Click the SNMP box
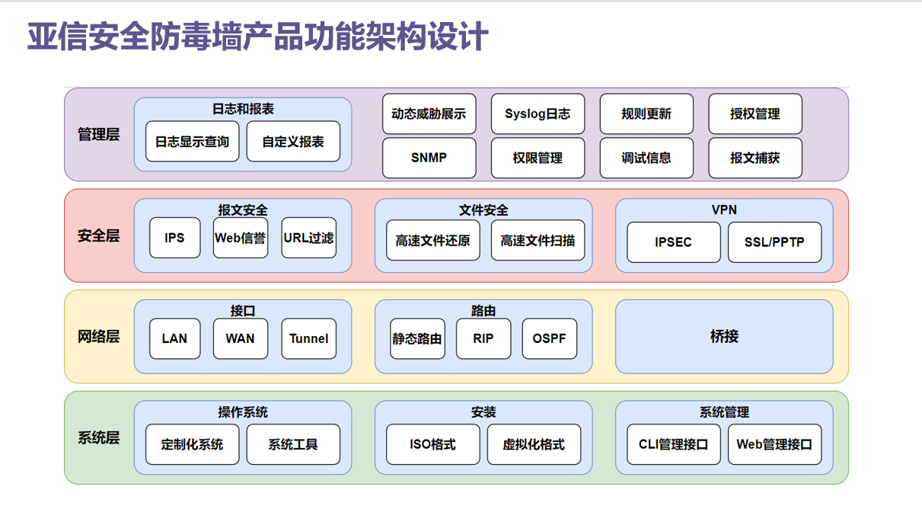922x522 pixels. click(429, 158)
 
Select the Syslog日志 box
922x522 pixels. click(538, 114)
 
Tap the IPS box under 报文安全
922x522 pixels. click(174, 238)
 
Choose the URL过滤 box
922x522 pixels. click(308, 238)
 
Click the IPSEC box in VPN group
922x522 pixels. click(673, 242)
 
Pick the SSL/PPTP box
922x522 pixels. click(774, 242)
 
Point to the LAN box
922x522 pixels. click(174, 338)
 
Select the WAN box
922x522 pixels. click(240, 338)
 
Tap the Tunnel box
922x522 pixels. click(308, 338)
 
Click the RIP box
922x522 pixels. click(483, 338)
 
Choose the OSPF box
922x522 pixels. click(549, 338)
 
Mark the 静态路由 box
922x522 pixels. click(417, 338)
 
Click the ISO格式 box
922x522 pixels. click(432, 444)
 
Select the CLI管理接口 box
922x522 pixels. click(673, 444)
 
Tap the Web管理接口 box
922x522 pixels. click(774, 444)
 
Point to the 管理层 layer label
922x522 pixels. click(99, 135)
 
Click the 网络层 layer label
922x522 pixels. click(99, 336)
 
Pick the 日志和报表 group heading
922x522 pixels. click(243, 109)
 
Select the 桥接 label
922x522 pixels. click(724, 336)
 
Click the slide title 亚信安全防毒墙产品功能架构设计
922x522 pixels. click(257, 37)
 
